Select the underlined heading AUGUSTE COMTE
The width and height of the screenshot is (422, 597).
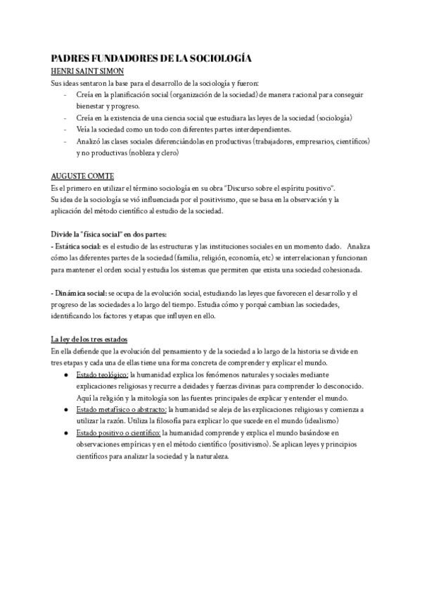82,175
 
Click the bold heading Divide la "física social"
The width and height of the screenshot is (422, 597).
109,234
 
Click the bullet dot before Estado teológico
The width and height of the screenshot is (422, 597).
65,374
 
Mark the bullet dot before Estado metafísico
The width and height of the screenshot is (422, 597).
65,408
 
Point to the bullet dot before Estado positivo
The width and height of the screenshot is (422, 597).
65,432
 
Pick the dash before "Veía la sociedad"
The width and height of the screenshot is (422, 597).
65,130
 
